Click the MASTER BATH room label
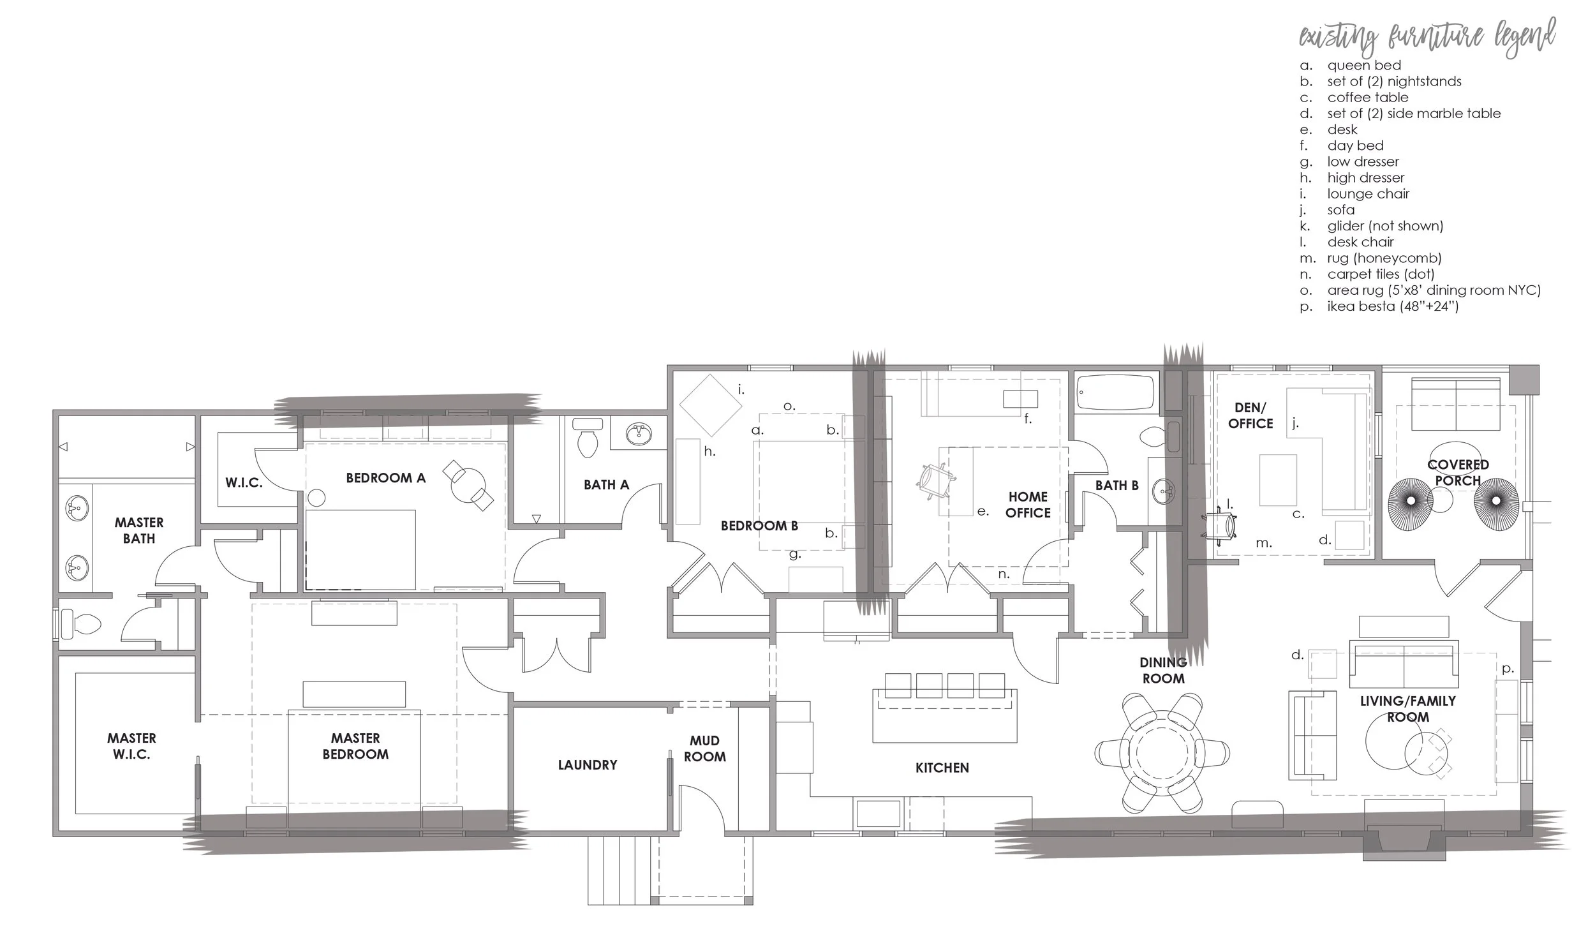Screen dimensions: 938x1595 pos(139,530)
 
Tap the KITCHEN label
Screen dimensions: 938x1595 pos(942,768)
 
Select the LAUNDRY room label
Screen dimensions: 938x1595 pos(587,764)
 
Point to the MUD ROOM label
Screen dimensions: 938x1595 pos(704,748)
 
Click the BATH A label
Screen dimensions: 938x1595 pos(606,485)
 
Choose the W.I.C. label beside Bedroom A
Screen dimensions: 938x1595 pos(244,483)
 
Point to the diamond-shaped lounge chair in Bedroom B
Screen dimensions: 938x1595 pos(709,405)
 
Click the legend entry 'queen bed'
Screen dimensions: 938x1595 pos(1364,65)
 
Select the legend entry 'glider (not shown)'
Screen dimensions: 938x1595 pos(1385,226)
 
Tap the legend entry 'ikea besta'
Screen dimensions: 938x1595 pos(1393,306)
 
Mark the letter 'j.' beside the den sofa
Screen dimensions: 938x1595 pos(1295,422)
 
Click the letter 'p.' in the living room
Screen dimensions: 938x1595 pos(1507,669)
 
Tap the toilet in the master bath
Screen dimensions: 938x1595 pos(82,623)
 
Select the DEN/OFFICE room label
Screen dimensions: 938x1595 pos(1250,415)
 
